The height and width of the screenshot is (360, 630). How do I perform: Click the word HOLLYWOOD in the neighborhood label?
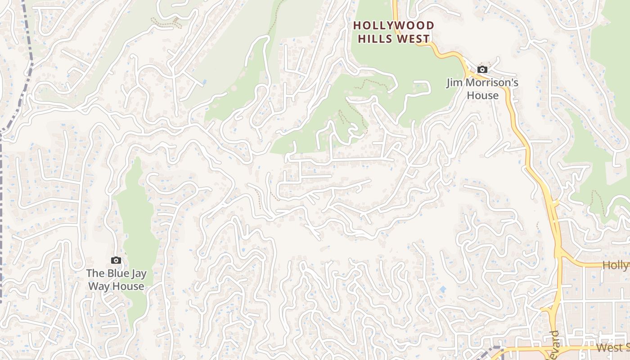coord(394,26)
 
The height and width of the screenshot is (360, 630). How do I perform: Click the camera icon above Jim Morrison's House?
coord(482,70)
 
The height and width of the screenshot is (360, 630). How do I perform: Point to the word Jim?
coord(454,83)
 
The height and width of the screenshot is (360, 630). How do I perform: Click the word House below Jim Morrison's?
coord(482,95)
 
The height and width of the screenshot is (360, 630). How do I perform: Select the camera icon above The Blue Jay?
coord(116,261)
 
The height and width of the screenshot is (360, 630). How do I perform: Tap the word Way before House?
coord(99,286)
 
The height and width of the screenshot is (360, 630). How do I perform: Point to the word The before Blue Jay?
coord(95,273)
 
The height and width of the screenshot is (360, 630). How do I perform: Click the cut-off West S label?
coord(612,347)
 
